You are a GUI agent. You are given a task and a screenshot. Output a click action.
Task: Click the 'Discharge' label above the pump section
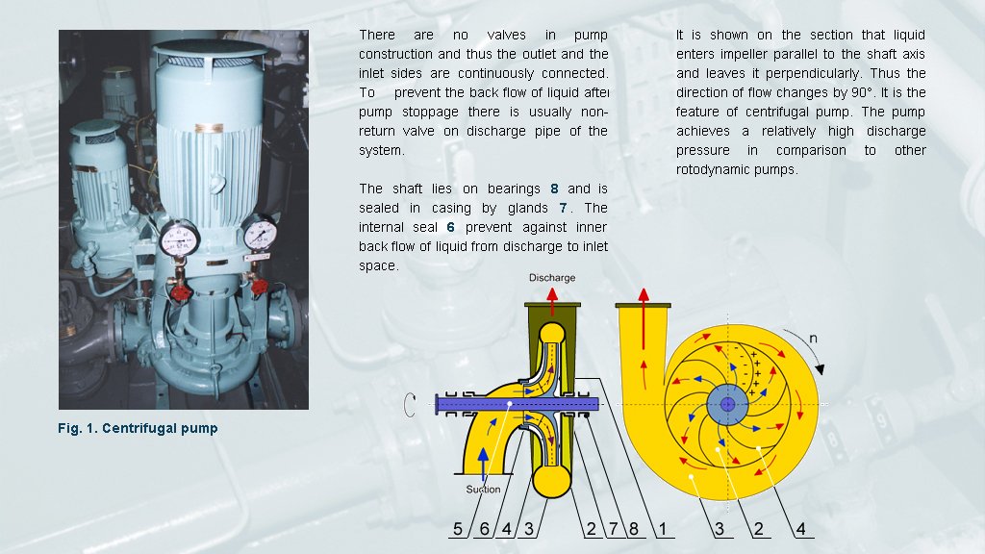(552, 278)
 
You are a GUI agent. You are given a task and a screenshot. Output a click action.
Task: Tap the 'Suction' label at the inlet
(483, 489)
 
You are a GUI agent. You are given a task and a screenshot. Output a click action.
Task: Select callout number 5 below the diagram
(459, 528)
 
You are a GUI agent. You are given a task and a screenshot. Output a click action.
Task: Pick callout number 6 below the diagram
(485, 528)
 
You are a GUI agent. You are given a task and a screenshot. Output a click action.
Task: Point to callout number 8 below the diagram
(633, 528)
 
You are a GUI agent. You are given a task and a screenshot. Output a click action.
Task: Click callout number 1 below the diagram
(662, 528)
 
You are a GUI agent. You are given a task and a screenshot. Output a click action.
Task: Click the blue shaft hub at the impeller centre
(727, 404)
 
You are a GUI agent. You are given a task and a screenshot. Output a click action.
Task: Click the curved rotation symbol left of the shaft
(410, 406)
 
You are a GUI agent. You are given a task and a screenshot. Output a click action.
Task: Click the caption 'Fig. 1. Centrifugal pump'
(139, 427)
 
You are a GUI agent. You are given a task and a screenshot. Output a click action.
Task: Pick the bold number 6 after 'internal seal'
(450, 227)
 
